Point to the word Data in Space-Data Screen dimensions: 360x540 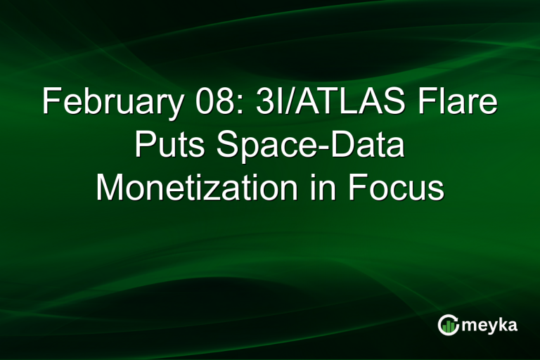click(366, 146)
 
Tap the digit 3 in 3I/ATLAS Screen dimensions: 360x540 click(254, 103)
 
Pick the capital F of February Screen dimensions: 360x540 click(50, 103)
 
